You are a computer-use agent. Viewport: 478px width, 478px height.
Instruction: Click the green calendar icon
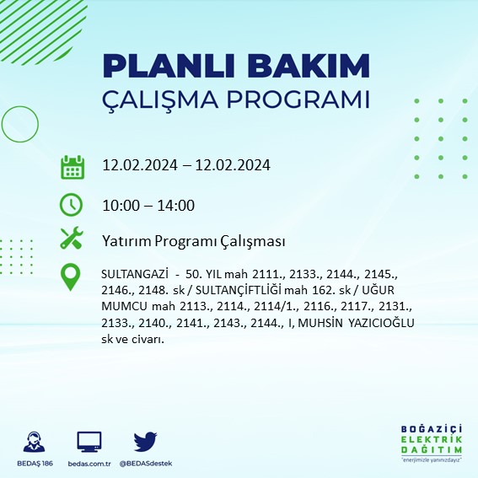tap(72, 166)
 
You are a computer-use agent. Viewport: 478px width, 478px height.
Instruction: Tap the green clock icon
tap(72, 204)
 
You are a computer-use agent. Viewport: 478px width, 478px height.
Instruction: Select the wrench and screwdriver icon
tap(72, 239)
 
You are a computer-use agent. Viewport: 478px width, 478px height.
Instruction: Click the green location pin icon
tap(72, 277)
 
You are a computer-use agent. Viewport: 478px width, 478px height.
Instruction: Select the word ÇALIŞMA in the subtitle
tap(158, 99)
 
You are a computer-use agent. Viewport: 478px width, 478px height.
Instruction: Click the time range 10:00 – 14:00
tap(148, 205)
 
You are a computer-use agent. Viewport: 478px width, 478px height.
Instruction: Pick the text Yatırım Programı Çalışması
tap(192, 241)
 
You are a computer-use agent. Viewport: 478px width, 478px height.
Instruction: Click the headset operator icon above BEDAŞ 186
tap(35, 442)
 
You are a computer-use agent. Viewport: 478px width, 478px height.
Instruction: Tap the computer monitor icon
tap(89, 441)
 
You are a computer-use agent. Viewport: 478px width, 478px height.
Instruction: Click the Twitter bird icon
tap(145, 441)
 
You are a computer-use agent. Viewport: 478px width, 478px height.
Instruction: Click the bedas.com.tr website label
tap(89, 463)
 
